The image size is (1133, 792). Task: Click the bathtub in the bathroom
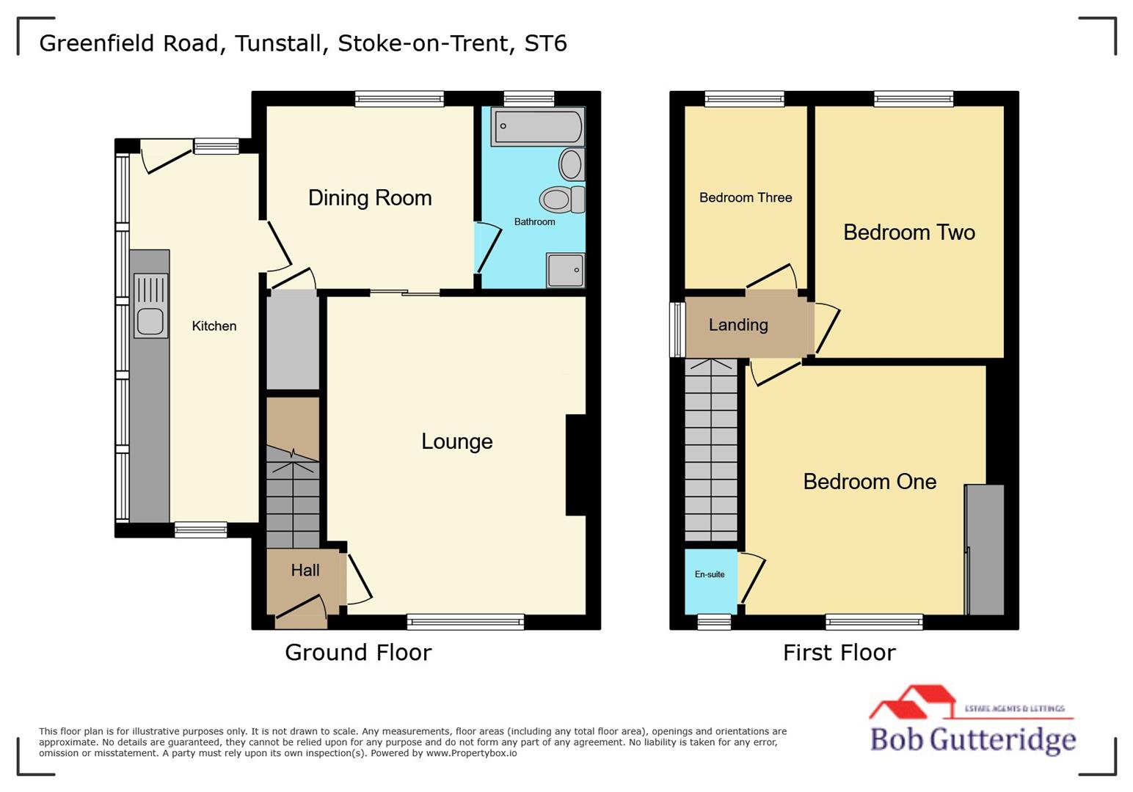click(538, 127)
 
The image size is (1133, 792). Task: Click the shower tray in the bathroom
click(566, 271)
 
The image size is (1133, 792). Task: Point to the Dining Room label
click(370, 198)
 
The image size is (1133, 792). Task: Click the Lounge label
click(456, 441)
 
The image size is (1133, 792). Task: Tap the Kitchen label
click(214, 326)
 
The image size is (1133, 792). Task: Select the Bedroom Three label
click(745, 197)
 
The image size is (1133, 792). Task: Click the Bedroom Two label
click(908, 232)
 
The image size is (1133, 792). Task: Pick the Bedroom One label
click(870, 482)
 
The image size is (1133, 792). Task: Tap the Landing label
click(738, 325)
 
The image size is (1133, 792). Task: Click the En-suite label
click(710, 574)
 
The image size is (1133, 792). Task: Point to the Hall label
click(305, 571)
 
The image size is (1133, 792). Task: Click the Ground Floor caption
click(358, 653)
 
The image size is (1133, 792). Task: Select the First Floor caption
click(839, 653)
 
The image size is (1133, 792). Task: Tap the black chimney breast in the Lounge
click(576, 465)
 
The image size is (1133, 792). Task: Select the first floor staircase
click(710, 450)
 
